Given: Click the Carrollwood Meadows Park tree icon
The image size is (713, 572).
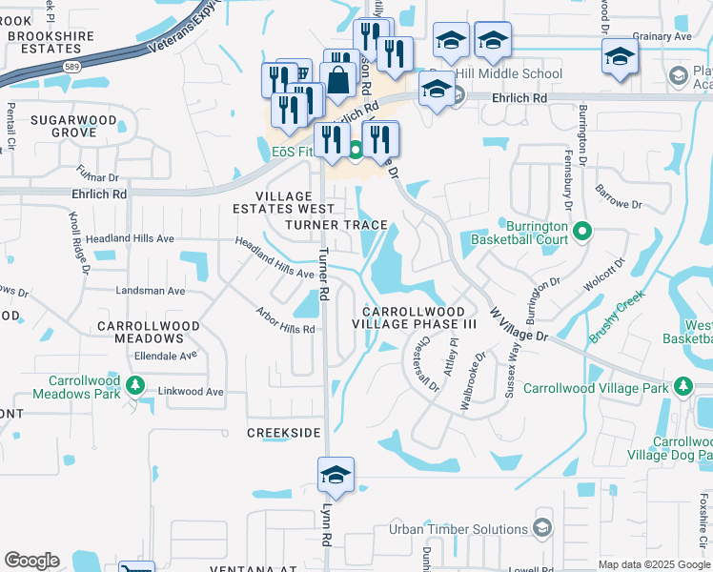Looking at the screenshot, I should click(x=135, y=384).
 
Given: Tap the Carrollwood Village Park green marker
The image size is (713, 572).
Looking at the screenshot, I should click(x=682, y=387).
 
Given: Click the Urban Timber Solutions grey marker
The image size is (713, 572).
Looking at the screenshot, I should click(x=542, y=528).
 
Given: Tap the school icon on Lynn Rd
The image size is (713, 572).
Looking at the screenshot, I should click(x=336, y=475).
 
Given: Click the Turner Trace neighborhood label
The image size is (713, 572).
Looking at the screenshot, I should click(x=336, y=226).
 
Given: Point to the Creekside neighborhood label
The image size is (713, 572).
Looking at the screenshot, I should click(x=284, y=433).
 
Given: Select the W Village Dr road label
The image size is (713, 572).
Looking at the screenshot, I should click(x=519, y=324).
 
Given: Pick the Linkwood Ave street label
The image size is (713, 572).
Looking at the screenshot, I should click(x=190, y=392).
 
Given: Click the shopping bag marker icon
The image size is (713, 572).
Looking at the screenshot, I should click(x=338, y=82).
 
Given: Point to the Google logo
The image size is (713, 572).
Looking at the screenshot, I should click(x=31, y=561).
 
